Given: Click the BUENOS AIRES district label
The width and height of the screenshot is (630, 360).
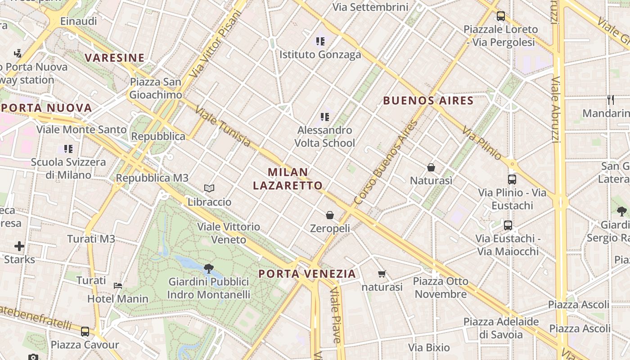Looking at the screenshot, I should [428, 101].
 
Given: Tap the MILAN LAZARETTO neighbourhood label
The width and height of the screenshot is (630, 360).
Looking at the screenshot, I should [288, 179].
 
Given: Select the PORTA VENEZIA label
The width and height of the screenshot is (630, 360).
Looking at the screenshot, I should [307, 274].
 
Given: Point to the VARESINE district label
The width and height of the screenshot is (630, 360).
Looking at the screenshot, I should [115, 58].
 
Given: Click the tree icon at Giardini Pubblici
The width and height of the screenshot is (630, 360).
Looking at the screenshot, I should [208, 269].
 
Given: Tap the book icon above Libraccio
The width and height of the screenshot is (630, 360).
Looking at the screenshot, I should [209, 188].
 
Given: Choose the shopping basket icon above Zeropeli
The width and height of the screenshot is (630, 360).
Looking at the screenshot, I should [330, 215].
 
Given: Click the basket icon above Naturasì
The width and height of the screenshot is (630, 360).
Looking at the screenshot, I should [431, 167].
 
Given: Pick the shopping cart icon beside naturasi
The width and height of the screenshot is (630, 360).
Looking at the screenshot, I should [382, 274].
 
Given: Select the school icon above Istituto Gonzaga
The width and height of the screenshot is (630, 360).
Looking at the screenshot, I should [320, 41].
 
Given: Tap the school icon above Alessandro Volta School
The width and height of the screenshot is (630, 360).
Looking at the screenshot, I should [325, 117].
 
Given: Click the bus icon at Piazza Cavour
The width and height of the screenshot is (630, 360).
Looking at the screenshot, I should [85, 332].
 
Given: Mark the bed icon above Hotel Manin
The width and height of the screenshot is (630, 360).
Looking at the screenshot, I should [117, 285].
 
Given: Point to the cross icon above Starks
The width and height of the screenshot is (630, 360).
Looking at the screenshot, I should [19, 246].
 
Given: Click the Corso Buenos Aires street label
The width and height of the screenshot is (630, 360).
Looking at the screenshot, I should [386, 162].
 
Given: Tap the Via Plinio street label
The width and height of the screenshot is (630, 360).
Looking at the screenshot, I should [481, 143].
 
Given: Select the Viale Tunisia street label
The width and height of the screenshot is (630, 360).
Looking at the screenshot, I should [223, 126].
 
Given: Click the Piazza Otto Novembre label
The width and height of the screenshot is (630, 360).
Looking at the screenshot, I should [441, 288].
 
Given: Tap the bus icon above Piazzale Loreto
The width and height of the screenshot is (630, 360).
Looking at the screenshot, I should [500, 16].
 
